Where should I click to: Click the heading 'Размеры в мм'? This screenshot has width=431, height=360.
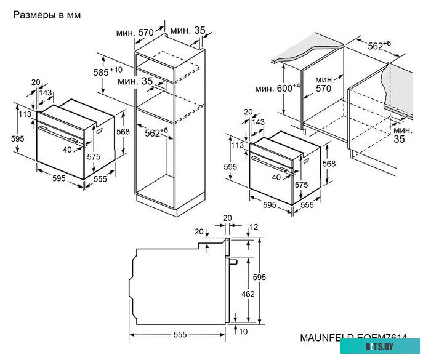tap(47, 14)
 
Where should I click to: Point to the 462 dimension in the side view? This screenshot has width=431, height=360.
tap(248, 294)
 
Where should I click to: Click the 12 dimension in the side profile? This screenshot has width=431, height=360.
tap(254, 227)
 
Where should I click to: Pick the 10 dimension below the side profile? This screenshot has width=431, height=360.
tap(244, 332)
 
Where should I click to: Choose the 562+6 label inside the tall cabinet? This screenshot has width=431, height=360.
tap(156, 132)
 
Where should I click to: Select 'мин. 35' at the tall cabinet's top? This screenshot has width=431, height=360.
tap(188, 30)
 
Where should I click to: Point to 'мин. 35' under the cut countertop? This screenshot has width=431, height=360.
tap(403, 135)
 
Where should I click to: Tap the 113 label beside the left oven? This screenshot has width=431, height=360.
tap(25, 114)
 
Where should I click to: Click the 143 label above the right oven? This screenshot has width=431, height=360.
tap(259, 123)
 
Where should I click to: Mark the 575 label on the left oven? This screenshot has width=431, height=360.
tap(93, 157)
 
